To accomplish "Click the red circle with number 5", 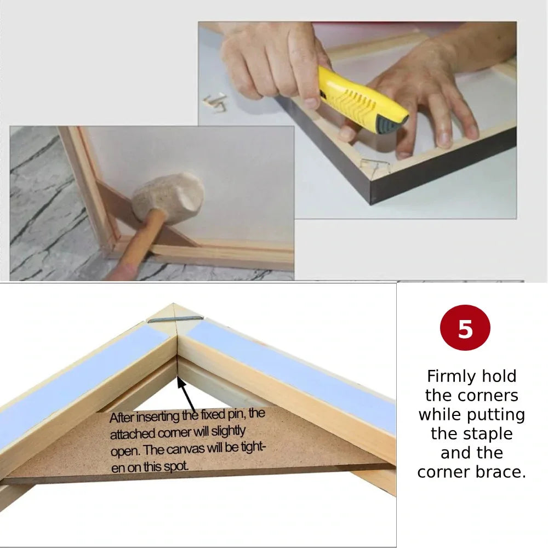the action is tap(465, 328).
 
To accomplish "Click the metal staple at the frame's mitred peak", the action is tap(175, 319).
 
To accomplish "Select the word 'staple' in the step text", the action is tap(472, 434).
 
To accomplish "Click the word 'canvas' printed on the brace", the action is tap(191, 449).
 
